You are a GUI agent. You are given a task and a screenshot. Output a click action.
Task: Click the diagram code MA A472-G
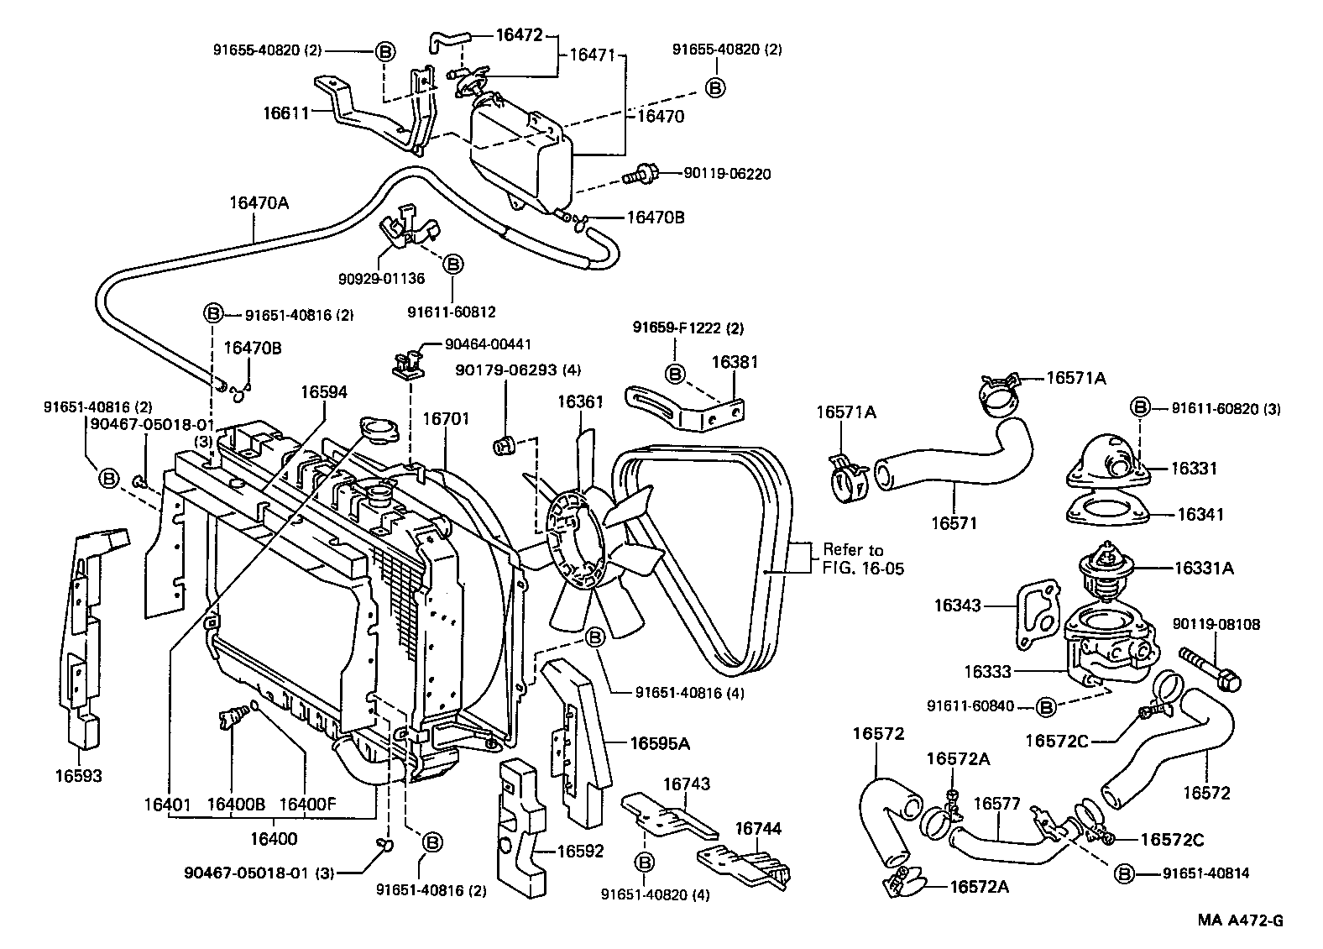point(1240,920)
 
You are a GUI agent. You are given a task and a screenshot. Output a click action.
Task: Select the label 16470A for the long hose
point(259,202)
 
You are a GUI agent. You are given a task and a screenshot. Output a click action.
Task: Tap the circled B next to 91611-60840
point(1046,707)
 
